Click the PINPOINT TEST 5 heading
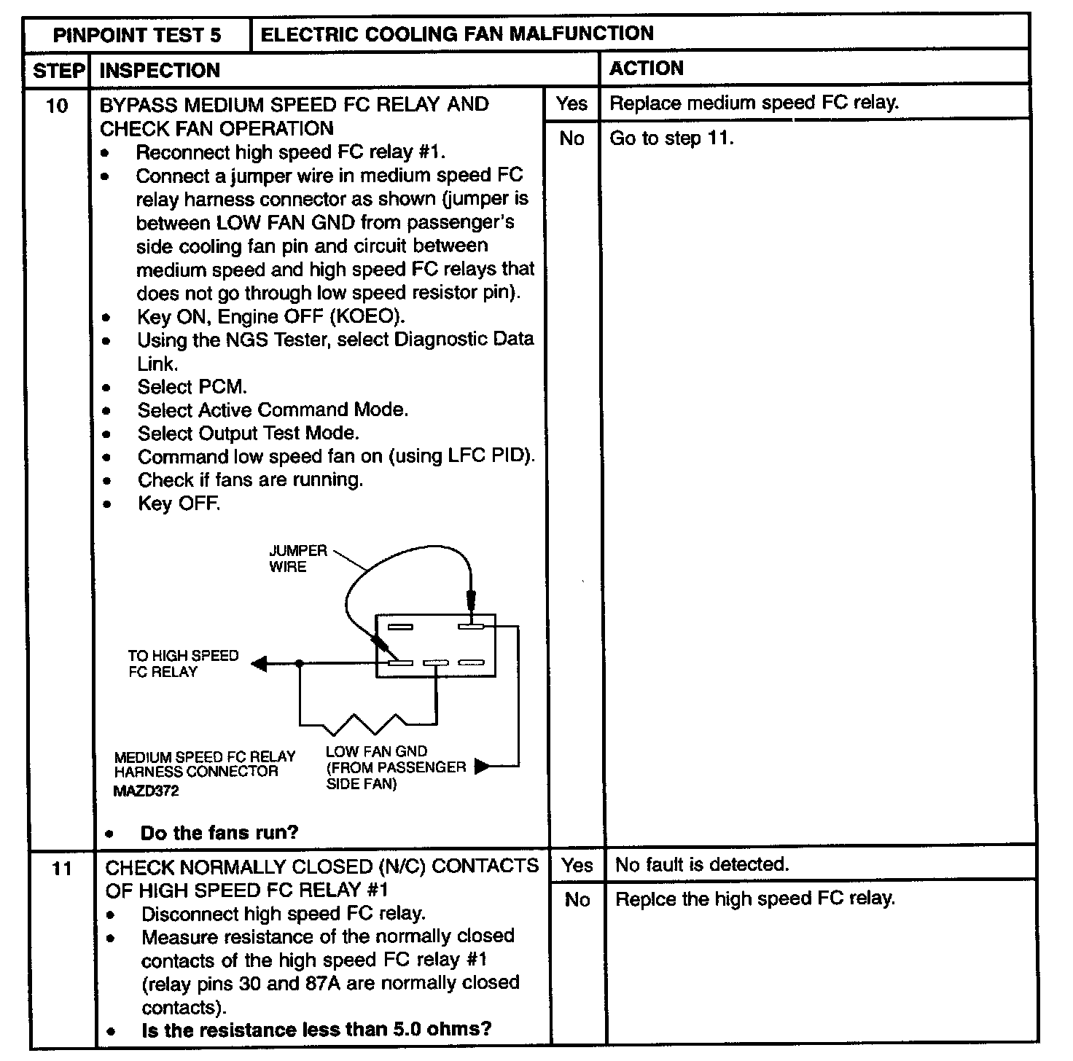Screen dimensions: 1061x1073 point(137,35)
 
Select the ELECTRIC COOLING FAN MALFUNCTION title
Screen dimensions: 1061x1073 point(456,34)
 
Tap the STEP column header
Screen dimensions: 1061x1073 point(58,71)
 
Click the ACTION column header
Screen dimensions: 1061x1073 point(647,68)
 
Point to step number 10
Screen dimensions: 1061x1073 point(57,106)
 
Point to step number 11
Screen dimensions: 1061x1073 point(62,869)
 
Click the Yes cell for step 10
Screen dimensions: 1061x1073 point(571,103)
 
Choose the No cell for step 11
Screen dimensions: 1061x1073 point(577,900)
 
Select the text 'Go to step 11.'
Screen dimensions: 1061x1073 point(671,138)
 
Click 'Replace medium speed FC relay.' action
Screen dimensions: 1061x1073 point(754,103)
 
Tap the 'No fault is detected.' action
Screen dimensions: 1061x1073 point(702,865)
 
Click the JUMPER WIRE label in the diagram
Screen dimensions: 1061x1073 point(298,559)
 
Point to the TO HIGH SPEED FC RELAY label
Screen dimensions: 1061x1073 point(183,663)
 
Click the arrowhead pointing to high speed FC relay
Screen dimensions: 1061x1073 point(260,663)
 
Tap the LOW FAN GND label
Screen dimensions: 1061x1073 point(376,751)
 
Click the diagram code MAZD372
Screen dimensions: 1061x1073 point(146,791)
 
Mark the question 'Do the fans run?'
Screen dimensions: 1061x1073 point(219,833)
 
